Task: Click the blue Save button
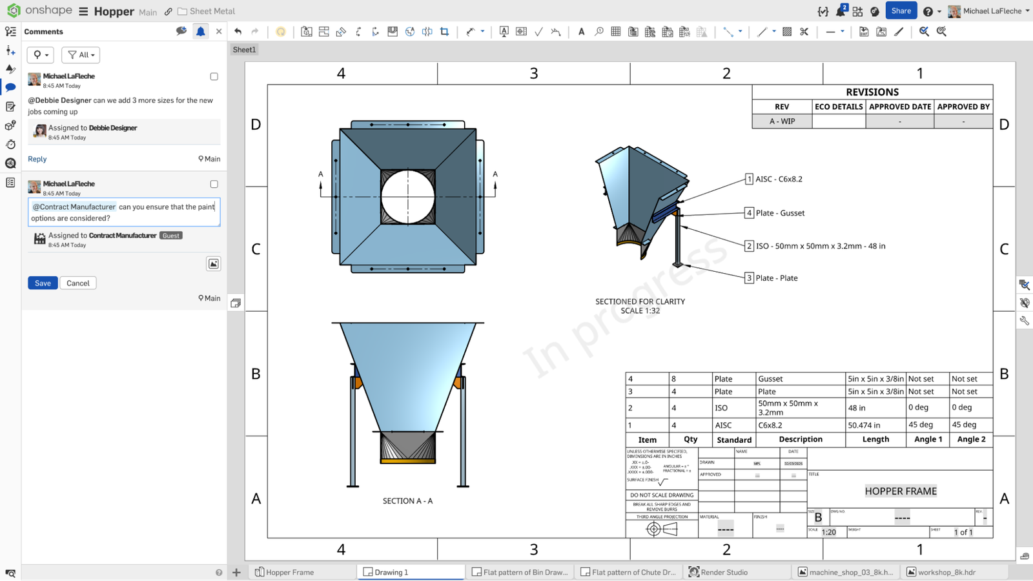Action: tap(43, 283)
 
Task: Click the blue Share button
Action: tap(901, 10)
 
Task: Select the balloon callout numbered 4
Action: tap(749, 212)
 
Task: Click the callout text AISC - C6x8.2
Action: tap(779, 179)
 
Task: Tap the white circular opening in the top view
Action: tap(407, 197)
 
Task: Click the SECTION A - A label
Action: tap(407, 500)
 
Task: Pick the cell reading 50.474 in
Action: tap(864, 425)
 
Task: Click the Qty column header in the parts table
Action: tap(690, 439)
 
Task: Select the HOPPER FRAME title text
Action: tap(900, 491)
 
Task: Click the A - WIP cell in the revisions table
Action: tap(782, 121)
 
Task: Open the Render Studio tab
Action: tap(724, 572)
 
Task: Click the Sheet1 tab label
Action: tap(244, 50)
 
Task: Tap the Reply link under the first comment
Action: tap(37, 159)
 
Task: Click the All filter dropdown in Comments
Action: tap(81, 55)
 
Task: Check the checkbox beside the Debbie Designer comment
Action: tap(214, 76)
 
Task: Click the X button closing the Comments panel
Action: tap(219, 31)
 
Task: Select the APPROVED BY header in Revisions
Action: tap(963, 107)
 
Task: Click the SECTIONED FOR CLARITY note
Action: tap(640, 301)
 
